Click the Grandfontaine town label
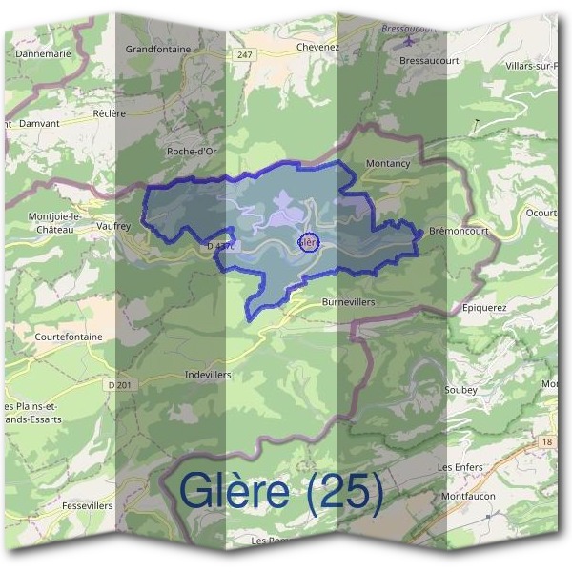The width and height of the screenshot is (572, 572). pyautogui.click(x=158, y=49)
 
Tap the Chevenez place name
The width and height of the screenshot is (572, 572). pyautogui.click(x=318, y=46)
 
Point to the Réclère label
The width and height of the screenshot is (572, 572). pyautogui.click(x=110, y=113)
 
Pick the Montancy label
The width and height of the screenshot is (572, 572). pyautogui.click(x=388, y=164)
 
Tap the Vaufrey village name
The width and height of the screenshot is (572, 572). pyautogui.click(x=112, y=201)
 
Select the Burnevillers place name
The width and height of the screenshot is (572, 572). pyautogui.click(x=348, y=301)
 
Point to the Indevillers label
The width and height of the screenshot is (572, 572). pyautogui.click(x=208, y=375)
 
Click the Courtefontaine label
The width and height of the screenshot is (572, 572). pyautogui.click(x=68, y=337)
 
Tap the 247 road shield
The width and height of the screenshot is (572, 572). pyautogui.click(x=246, y=57)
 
